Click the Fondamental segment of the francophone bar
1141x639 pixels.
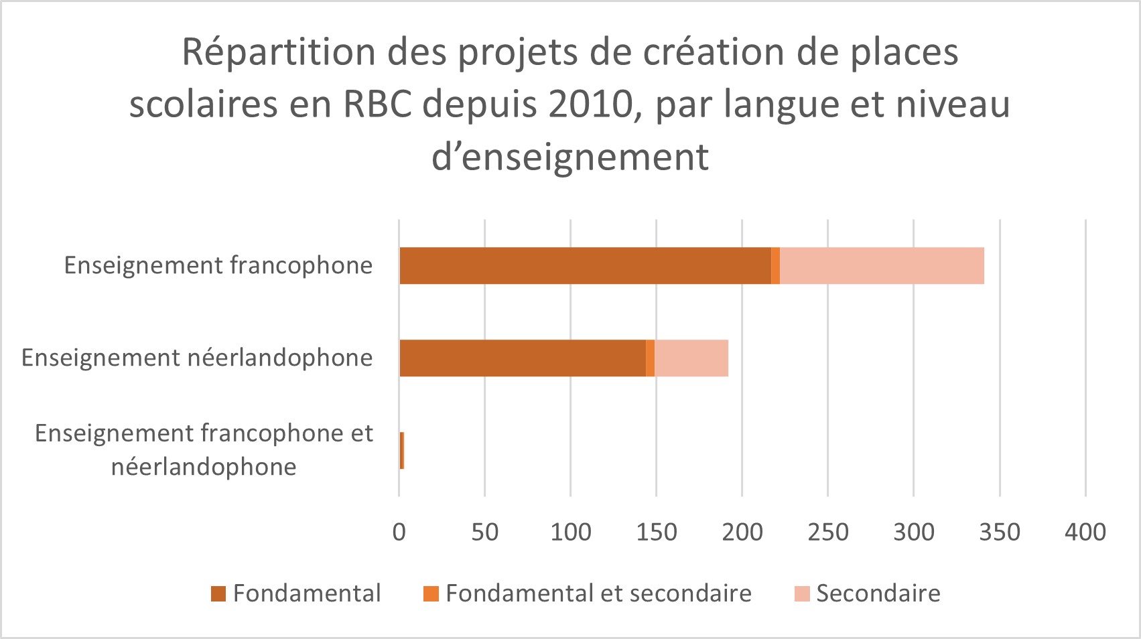585,266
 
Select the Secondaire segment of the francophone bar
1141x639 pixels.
882,266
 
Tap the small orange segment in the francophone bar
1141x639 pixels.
775,266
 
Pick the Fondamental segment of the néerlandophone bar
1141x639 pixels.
523,358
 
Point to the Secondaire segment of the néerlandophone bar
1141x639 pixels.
691,358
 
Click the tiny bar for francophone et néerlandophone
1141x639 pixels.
401,451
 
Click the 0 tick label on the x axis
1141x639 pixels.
399,532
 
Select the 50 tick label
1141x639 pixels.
484,532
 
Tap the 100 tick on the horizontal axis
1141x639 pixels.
571,532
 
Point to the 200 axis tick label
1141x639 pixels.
742,532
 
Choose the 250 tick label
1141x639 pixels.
828,532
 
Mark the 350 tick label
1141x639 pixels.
1000,532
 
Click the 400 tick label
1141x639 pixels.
1085,532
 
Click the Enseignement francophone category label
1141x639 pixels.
218,266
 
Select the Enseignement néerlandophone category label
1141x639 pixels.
197,358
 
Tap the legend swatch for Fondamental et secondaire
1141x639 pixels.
431,594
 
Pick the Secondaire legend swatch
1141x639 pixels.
802,594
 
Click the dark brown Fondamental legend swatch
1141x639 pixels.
218,594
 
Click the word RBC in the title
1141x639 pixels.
378,105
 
